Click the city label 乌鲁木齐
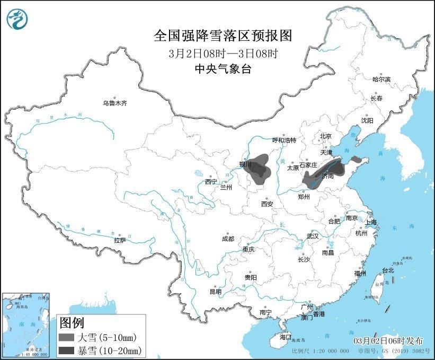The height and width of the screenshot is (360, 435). click(x=115, y=103)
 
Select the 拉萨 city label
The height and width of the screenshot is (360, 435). click(x=120, y=240)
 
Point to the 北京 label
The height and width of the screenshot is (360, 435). click(x=325, y=136)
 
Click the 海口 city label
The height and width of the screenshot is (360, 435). click(x=286, y=337)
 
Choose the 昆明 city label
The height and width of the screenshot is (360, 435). click(x=215, y=292)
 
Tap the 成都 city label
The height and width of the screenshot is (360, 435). click(x=228, y=239)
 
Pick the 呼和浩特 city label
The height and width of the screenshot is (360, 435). click(x=283, y=140)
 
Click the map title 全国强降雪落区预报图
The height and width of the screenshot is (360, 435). click(x=223, y=36)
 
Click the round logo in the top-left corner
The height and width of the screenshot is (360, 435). click(x=17, y=20)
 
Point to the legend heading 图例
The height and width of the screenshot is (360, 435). click(x=71, y=322)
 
